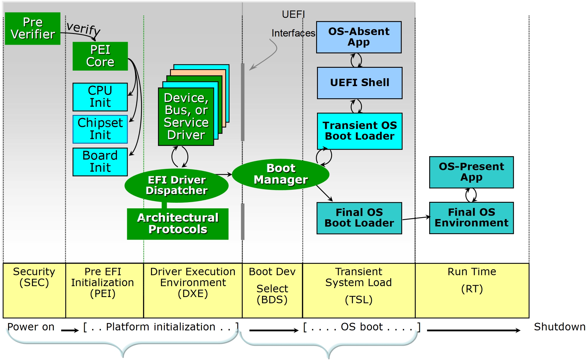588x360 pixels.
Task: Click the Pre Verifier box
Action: (x=33, y=29)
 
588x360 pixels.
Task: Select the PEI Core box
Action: (x=100, y=56)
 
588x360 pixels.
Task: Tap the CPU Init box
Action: (x=100, y=97)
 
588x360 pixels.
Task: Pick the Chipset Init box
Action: (x=100, y=129)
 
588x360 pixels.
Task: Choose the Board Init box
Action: (x=100, y=162)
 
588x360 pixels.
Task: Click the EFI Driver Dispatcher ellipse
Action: (x=177, y=186)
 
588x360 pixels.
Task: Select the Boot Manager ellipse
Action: (x=281, y=174)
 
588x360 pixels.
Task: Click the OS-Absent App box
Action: (x=359, y=37)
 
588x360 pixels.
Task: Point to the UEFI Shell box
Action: (x=360, y=83)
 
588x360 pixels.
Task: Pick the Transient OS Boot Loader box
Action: (x=360, y=131)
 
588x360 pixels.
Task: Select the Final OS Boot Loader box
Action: (x=359, y=218)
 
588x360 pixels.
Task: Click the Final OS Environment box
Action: (x=471, y=218)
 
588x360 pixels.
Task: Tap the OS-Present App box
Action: (x=471, y=172)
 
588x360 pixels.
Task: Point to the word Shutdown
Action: (x=559, y=327)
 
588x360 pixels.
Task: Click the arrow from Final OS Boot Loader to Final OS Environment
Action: (x=416, y=218)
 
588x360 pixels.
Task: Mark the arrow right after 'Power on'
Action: (x=70, y=330)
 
